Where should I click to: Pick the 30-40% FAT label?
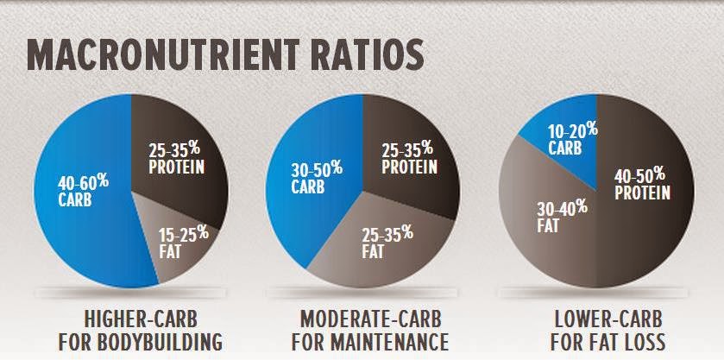[x=547, y=217]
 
